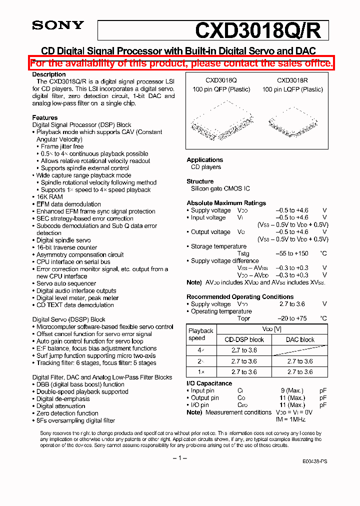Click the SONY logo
click(58, 25)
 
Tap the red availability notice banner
click(181, 63)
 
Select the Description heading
click(49, 74)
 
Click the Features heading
click(44, 118)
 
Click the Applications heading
click(204, 160)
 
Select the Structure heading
click(200, 181)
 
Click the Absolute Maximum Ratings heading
click(226, 203)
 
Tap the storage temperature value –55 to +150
click(292, 253)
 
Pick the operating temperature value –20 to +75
click(292, 318)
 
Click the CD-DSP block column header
click(244, 339)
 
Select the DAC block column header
click(300, 339)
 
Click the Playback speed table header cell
click(200, 334)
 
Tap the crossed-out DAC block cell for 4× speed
click(300, 350)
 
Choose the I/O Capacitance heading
click(209, 383)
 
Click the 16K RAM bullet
click(49, 197)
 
